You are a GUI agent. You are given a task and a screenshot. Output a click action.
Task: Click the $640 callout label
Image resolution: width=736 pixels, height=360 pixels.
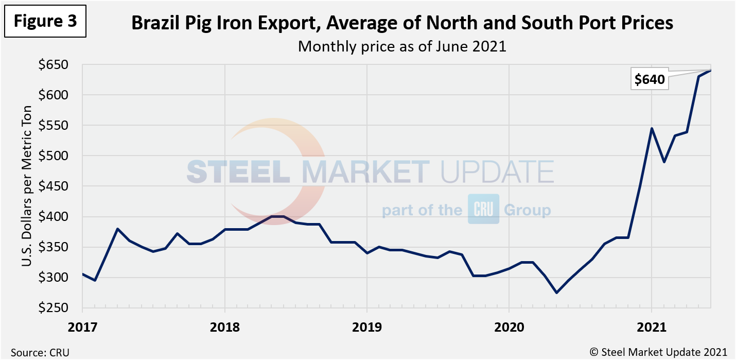tap(650, 80)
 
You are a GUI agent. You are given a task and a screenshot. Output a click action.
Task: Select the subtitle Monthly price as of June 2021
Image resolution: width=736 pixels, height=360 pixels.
tap(402, 46)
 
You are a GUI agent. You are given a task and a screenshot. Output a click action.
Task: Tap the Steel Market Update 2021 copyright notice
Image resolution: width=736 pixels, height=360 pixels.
tap(658, 352)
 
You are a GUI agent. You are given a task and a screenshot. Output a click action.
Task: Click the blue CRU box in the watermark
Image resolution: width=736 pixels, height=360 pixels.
tap(483, 210)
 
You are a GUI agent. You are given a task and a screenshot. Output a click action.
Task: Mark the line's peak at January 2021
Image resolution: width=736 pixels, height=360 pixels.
tap(651, 128)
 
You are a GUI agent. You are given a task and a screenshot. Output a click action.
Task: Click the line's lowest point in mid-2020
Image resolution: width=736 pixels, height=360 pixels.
tap(556, 293)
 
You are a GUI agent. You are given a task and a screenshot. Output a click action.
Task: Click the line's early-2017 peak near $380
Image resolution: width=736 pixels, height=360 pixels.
tap(117, 229)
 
